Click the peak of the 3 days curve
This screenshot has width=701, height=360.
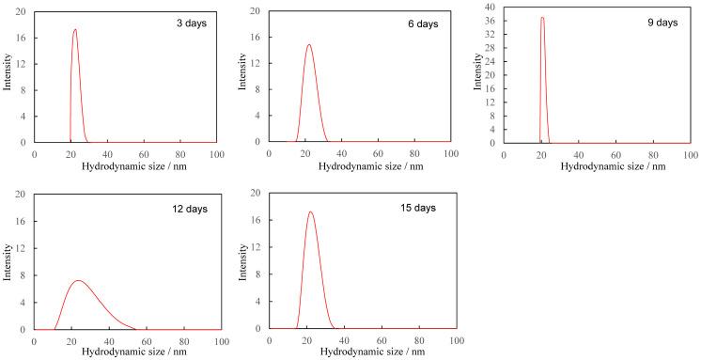75,29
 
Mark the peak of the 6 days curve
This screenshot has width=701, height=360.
308,44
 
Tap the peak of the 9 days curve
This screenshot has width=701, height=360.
542,17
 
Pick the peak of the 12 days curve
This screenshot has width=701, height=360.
79,280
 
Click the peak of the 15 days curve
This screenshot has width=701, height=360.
310,211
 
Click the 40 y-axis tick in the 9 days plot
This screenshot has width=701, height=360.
490,7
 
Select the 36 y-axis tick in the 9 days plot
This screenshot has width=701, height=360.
490,21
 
